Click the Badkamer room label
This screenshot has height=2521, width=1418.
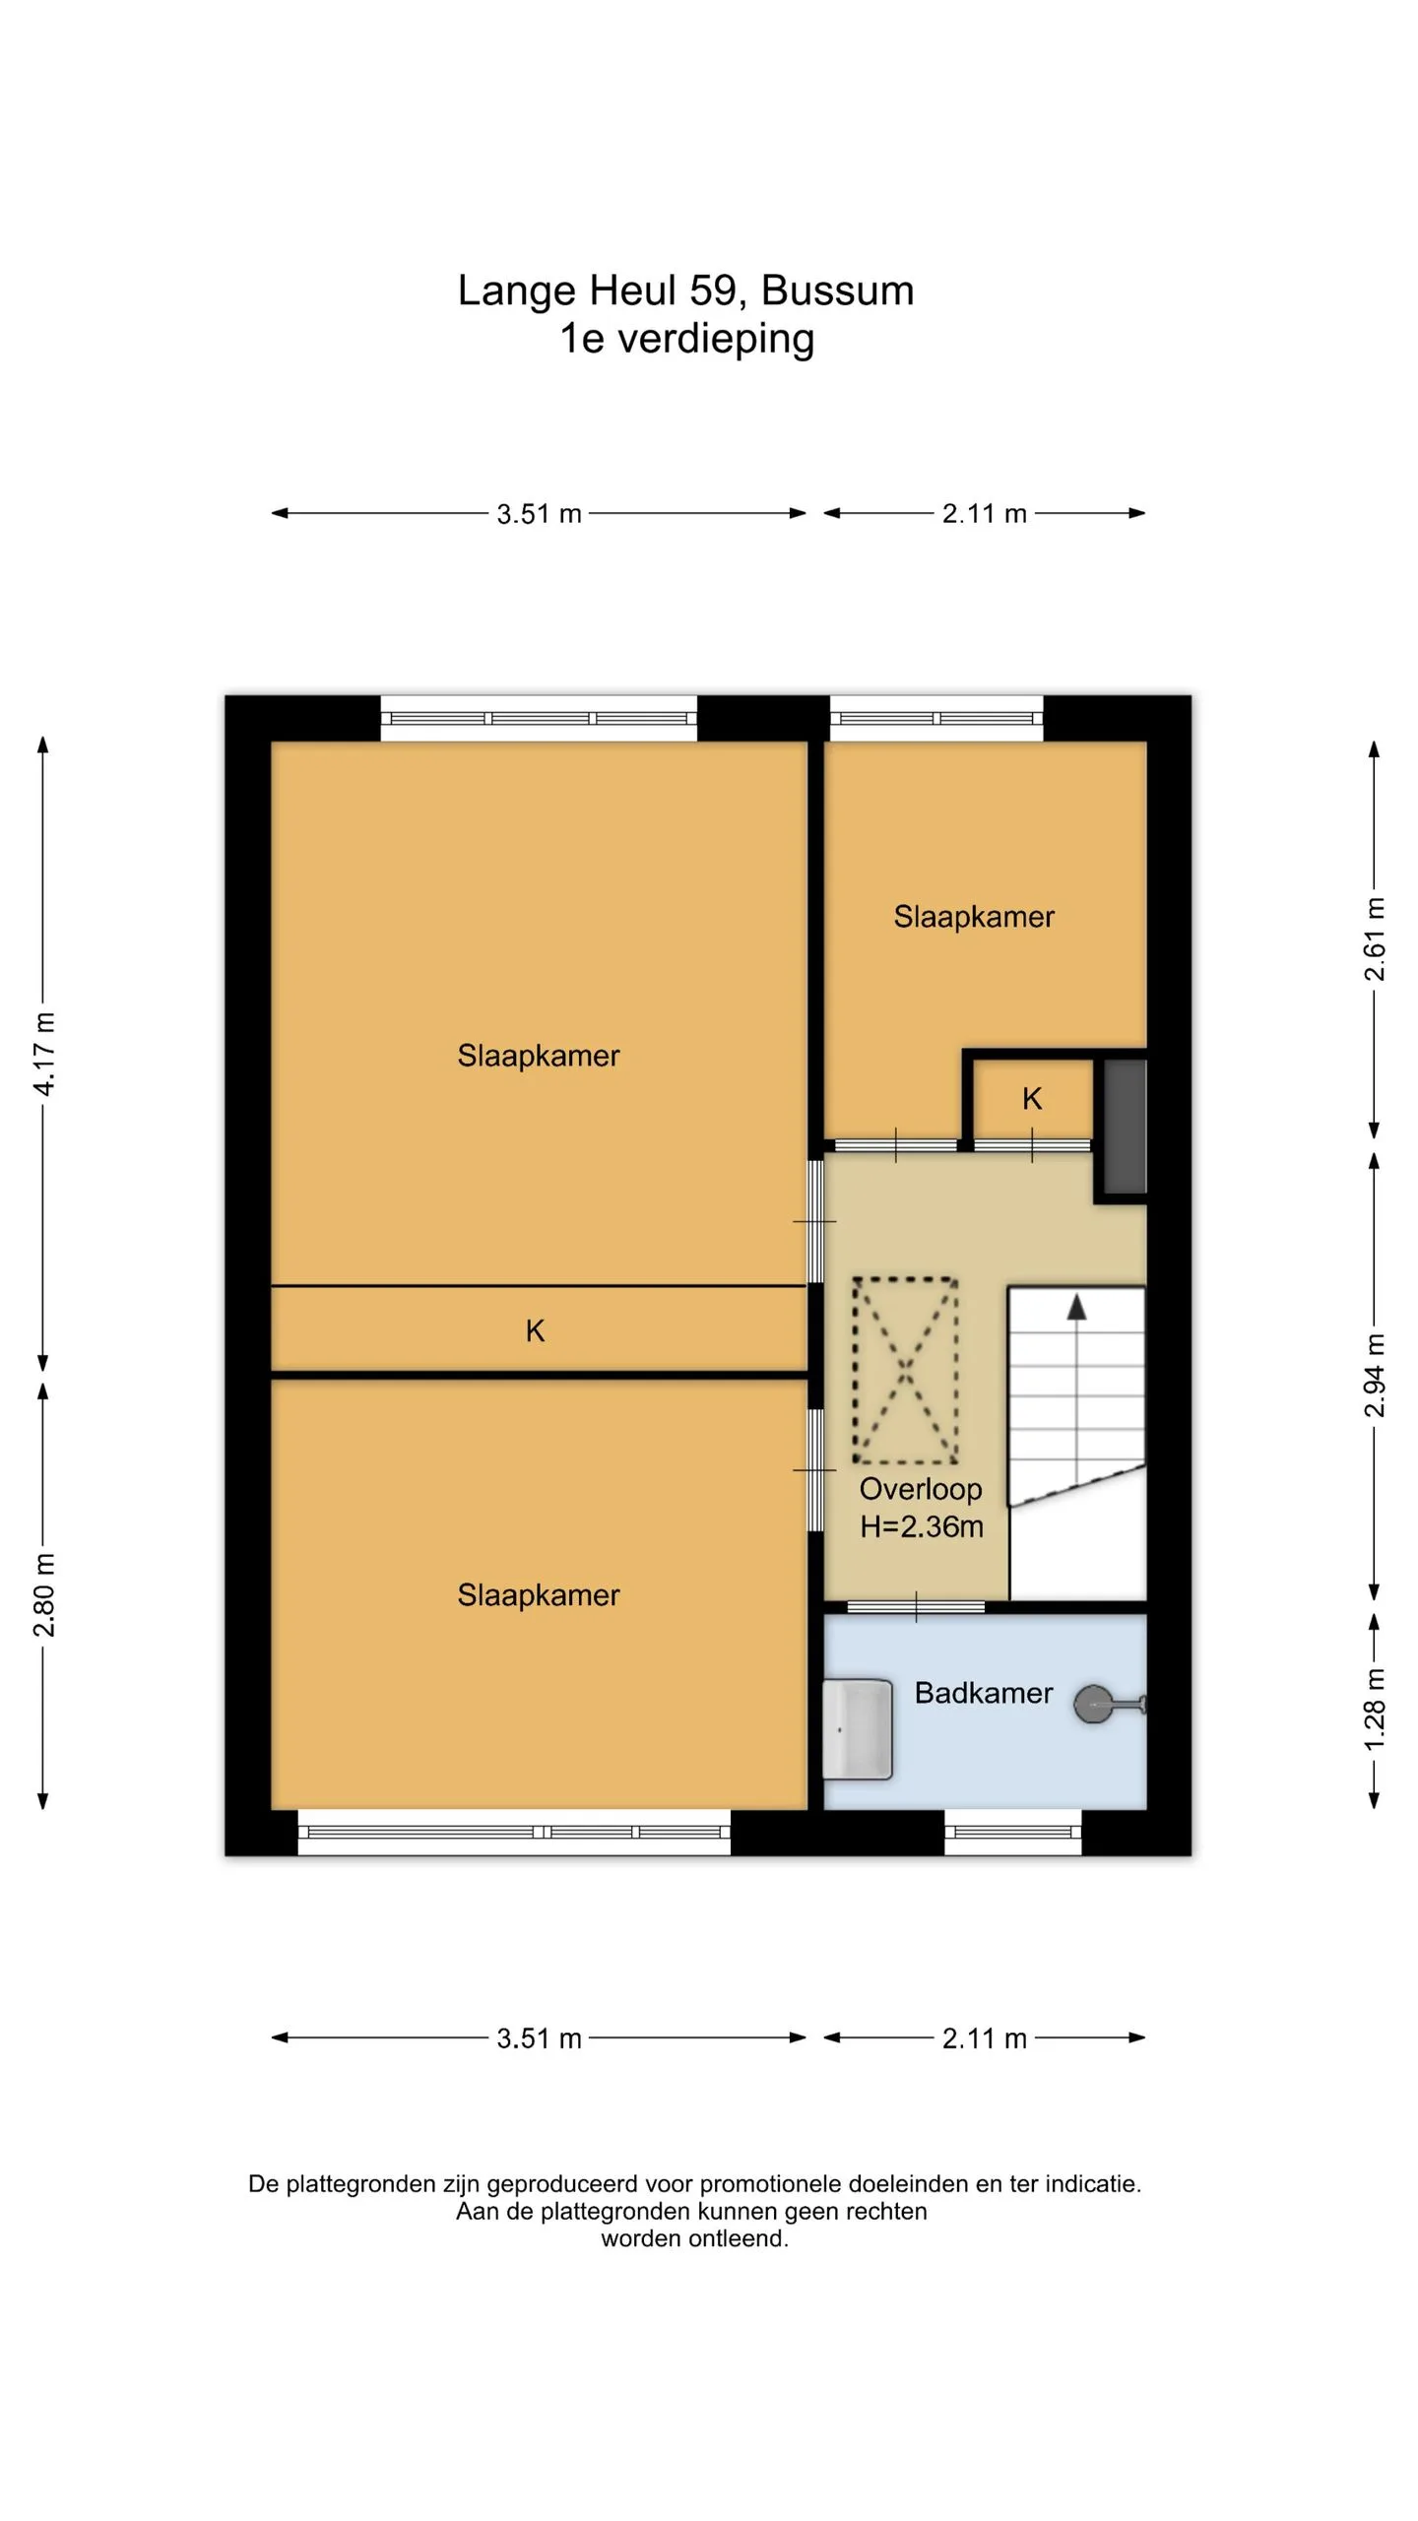(x=983, y=1693)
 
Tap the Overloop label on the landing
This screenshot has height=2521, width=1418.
(x=921, y=1489)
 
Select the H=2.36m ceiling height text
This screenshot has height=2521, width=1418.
(x=922, y=1526)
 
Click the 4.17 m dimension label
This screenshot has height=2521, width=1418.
(x=44, y=1054)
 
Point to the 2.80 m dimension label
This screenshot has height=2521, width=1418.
(x=44, y=1594)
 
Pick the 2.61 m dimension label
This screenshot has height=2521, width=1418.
(x=1375, y=939)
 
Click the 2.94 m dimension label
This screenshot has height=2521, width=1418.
(x=1375, y=1376)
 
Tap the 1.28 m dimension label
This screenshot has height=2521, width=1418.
(x=1375, y=1711)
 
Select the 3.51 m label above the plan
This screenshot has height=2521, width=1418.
(x=539, y=514)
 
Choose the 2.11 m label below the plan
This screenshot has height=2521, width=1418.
(x=984, y=2038)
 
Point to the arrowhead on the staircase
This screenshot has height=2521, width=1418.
(x=1076, y=1307)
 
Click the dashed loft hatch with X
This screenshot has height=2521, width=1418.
(x=905, y=1370)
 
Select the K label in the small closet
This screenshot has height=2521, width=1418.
(x=1032, y=1099)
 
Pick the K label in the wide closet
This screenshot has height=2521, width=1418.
(x=535, y=1331)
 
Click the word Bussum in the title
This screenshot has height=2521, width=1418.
(x=838, y=291)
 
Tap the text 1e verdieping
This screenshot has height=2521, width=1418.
(x=687, y=339)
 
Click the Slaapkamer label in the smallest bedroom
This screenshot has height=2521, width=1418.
(x=974, y=917)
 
